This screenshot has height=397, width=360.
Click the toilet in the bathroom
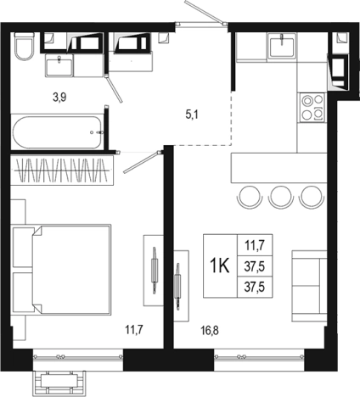pos(24,47)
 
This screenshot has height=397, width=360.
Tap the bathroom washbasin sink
pos(59,65)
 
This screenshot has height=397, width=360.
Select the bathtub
pos(57,132)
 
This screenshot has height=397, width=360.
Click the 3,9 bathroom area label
pos(59,98)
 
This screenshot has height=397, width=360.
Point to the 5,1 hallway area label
pos(192,115)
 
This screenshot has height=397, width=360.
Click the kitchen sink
pos(283,45)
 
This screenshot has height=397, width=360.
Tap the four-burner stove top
pos(312,108)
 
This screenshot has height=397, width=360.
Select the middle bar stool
pos(280,197)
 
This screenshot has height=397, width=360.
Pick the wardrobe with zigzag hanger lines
pos(62,171)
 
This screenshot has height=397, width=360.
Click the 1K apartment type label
pos(220,266)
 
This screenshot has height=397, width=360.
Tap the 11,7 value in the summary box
pos(255,245)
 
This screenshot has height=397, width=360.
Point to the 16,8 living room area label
pos(210,330)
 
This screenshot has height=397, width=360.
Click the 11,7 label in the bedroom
pos(134,330)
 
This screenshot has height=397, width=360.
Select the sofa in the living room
pos(309,286)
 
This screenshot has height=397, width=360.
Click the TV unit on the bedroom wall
pos(154,271)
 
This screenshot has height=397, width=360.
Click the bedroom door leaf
pos(142,162)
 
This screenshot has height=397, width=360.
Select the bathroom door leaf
pos(114,88)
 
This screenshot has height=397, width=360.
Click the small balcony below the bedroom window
pos(59,383)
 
